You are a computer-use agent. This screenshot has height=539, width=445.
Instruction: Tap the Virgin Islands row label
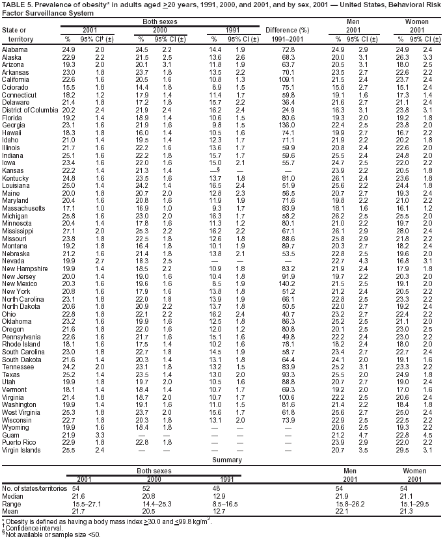pyautogui.click(x=21, y=450)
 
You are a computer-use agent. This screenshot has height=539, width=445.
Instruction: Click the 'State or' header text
pyautogui.click(x=14, y=30)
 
